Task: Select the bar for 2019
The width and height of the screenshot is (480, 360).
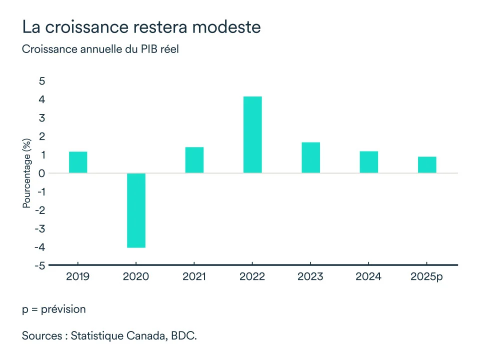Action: coord(78,162)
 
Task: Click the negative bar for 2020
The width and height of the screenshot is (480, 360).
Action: coord(136,210)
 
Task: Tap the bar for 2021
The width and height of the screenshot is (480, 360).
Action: coord(194,160)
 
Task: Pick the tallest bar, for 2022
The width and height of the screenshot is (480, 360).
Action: coord(252,135)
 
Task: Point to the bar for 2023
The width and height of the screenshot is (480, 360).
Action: coord(310,157)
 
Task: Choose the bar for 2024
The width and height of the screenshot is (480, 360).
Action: coord(368,162)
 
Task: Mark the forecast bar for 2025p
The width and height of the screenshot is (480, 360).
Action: coord(427,165)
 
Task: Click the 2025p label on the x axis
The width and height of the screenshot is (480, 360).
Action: coord(426,276)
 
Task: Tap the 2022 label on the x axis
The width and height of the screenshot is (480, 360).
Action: coord(252,276)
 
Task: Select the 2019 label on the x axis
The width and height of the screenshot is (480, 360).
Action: coord(77,276)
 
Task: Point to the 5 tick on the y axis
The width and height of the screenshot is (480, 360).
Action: coord(42,81)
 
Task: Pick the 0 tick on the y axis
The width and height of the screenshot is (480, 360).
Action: coord(42,173)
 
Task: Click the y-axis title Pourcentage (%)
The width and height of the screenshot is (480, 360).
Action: coord(27,173)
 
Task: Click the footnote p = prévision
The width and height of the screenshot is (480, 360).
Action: coord(53,309)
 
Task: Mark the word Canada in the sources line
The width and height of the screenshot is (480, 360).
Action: coord(145,335)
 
